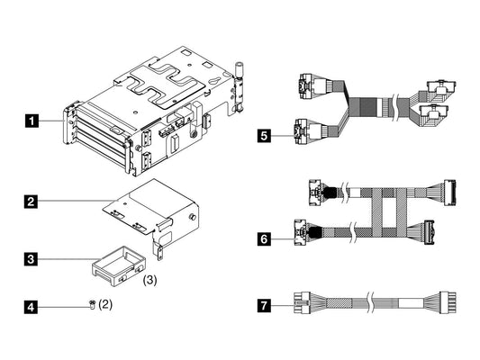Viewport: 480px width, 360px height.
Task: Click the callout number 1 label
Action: coord(33,119)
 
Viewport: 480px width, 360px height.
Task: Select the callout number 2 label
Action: coord(33,201)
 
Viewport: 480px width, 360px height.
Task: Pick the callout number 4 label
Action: coord(33,307)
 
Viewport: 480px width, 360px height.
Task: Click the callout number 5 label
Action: coord(264,136)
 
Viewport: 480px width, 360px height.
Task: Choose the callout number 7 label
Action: coord(264,306)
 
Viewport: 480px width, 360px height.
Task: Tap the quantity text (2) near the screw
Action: coord(106,306)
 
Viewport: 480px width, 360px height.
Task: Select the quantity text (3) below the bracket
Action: coord(151,281)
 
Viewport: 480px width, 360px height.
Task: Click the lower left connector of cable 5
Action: coord(302,133)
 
